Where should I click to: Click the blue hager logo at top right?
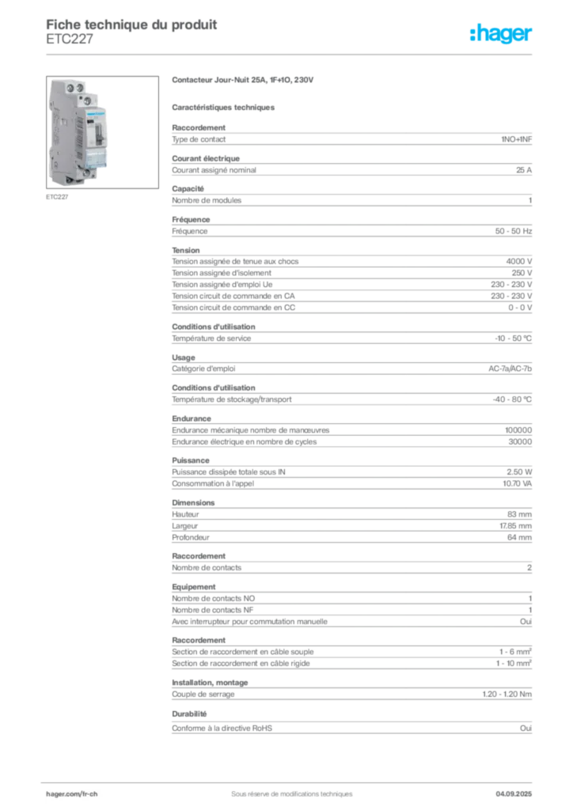click(x=502, y=35)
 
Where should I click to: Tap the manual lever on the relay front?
click(x=98, y=134)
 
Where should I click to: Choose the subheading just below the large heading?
click(x=225, y=106)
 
